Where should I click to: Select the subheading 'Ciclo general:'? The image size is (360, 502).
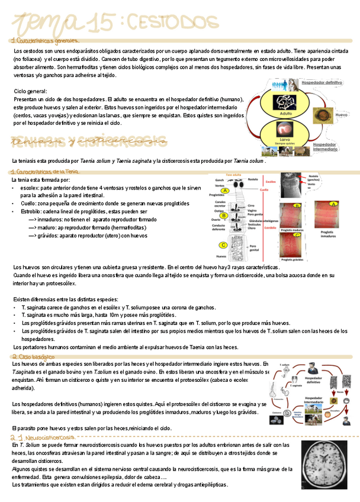(x=30, y=91)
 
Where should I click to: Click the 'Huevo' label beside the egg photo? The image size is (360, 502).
(x=341, y=114)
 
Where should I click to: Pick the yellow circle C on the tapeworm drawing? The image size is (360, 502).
(x=223, y=245)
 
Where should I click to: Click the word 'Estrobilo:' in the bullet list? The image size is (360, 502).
(x=34, y=211)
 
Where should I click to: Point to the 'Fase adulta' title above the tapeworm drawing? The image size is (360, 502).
(x=234, y=175)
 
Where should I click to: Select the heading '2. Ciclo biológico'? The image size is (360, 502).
(x=33, y=357)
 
